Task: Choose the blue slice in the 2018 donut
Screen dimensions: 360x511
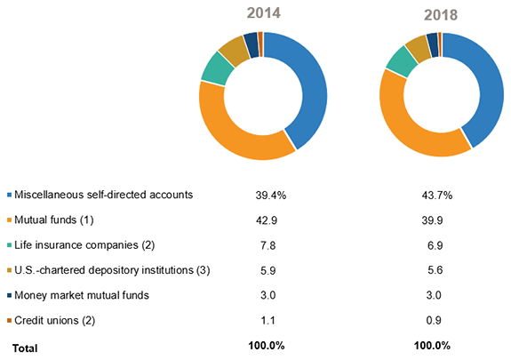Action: pos(485,89)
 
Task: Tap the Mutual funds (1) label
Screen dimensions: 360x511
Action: pos(55,218)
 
